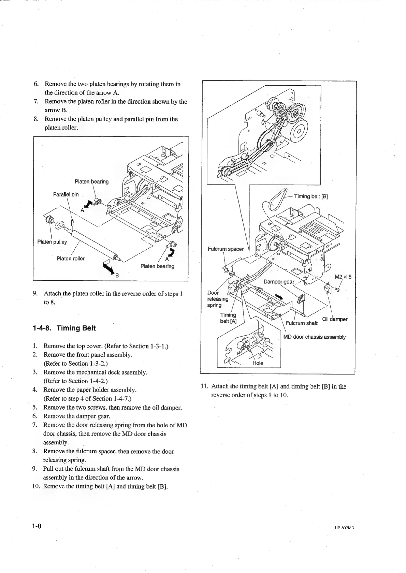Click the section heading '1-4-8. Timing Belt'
[x=64, y=328]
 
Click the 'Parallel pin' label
[x=66, y=194]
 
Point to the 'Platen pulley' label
[x=52, y=242]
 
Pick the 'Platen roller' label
[x=71, y=258]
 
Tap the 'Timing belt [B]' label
[x=311, y=196]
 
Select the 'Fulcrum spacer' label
[x=226, y=249]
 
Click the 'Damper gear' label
[x=279, y=282]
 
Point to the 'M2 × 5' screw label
[x=343, y=277]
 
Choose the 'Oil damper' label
[x=335, y=319]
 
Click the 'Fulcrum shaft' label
[x=302, y=323]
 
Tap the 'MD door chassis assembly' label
[x=315, y=337]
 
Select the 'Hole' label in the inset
[x=258, y=363]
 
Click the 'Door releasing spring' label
[x=217, y=299]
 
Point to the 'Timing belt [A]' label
[x=228, y=318]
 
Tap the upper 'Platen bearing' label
[x=91, y=181]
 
